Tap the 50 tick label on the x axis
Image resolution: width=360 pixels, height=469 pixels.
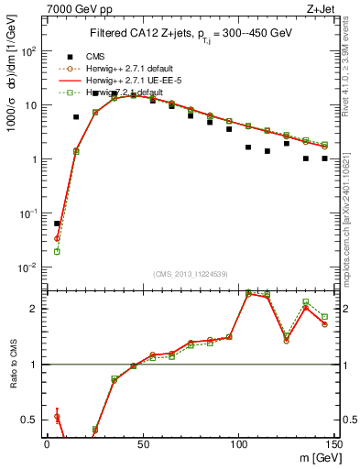click(142, 443)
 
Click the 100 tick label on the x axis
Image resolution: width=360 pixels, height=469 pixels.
click(238, 443)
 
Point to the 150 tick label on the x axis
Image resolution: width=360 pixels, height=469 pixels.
click(333, 443)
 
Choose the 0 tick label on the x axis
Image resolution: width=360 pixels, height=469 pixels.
click(47, 443)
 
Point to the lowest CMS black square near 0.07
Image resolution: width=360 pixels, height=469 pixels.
click(57, 224)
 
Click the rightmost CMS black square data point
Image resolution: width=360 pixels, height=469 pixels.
click(325, 158)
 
